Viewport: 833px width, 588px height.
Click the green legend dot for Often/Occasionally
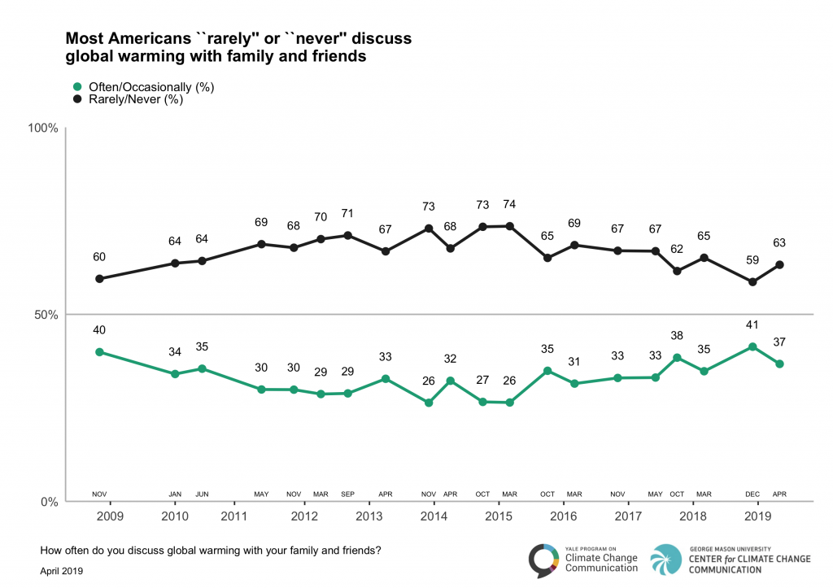point(77,86)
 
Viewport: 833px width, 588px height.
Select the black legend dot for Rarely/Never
point(77,100)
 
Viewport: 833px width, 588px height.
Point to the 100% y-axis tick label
point(43,128)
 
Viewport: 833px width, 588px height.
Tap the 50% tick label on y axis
point(46,315)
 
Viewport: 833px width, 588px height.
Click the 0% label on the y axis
point(49,502)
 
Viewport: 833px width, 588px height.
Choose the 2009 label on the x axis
point(110,516)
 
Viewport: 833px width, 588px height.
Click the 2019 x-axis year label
point(758,516)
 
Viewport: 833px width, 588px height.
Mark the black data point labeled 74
point(510,226)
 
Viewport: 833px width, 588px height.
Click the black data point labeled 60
point(99,279)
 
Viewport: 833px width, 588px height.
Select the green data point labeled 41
point(752,347)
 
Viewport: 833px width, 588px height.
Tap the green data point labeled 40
point(99,352)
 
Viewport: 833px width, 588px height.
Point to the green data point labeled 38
point(677,358)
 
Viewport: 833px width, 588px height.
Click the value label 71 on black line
point(348,214)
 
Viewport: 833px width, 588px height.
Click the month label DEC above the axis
point(752,493)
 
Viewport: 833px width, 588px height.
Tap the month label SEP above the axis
point(348,493)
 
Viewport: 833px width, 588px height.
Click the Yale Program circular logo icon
point(543,560)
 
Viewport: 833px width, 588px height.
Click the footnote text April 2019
point(62,572)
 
